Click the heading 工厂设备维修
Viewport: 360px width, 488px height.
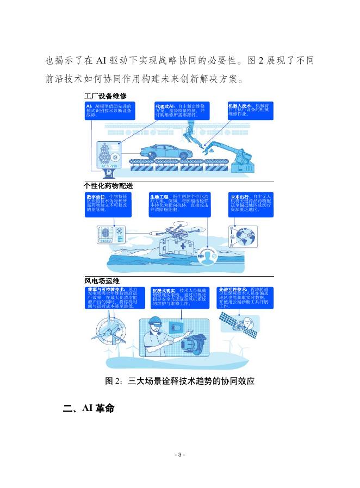[105, 96]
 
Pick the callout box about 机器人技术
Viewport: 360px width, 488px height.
[250, 110]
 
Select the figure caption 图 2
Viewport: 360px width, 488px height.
[179, 381]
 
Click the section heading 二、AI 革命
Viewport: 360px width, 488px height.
[89, 409]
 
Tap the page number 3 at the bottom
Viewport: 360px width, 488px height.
[179, 454]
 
